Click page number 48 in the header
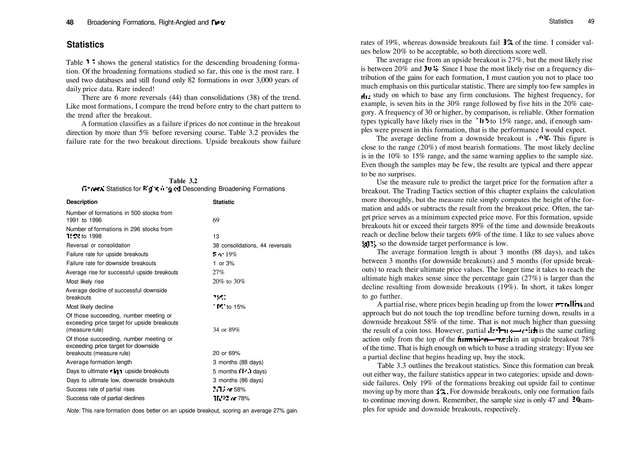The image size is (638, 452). pyautogui.click(x=70, y=22)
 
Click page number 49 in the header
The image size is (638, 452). pyautogui.click(x=591, y=21)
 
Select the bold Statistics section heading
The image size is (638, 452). pyautogui.click(x=85, y=45)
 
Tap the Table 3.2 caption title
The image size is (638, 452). pyautogui.click(x=183, y=181)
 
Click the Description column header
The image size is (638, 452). pyautogui.click(x=82, y=202)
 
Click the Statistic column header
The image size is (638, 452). pyautogui.click(x=223, y=202)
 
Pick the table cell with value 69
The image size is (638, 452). pyautogui.click(x=216, y=220)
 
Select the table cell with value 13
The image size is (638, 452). pyautogui.click(x=216, y=236)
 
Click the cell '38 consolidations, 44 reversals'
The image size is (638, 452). pyautogui.click(x=252, y=245)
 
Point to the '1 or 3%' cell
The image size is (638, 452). pyautogui.click(x=223, y=264)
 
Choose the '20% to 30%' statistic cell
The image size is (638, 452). pyautogui.click(x=229, y=282)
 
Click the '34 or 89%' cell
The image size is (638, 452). pyautogui.click(x=226, y=330)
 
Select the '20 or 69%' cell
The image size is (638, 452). pyautogui.click(x=226, y=353)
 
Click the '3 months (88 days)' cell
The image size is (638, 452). pyautogui.click(x=238, y=362)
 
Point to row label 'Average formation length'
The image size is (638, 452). pyautogui.click(x=99, y=362)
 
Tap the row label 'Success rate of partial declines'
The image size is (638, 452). pyautogui.click(x=105, y=398)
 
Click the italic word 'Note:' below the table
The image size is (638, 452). pyautogui.click(x=74, y=411)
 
